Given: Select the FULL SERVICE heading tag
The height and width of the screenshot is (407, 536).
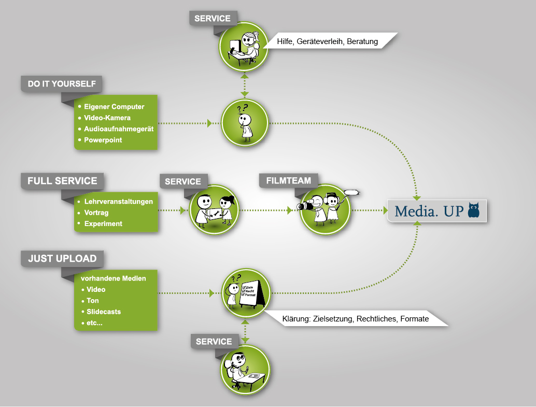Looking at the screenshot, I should click(62, 181).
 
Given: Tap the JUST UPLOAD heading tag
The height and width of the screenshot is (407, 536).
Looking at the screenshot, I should click(62, 258).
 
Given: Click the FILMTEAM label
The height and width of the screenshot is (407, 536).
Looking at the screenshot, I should click(288, 180).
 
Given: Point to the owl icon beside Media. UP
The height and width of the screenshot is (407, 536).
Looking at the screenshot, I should click(473, 210).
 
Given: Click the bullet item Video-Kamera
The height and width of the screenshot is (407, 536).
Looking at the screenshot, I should click(107, 118).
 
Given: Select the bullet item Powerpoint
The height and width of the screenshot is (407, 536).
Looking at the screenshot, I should click(103, 140).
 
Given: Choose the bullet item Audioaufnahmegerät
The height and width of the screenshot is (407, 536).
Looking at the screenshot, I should click(118, 129).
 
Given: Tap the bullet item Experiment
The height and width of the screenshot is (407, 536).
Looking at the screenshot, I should click(103, 223).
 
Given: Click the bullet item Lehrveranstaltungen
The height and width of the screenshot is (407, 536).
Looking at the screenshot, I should click(118, 201).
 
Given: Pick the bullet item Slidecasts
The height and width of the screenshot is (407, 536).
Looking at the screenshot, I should click(104, 312).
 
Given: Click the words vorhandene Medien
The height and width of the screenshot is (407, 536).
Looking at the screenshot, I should click(113, 278).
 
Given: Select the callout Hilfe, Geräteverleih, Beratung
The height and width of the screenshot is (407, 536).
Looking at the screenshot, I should click(327, 41).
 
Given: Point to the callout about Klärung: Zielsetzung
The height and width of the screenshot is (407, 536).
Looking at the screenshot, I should click(355, 319).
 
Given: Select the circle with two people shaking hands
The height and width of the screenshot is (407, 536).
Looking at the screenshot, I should click(213, 210).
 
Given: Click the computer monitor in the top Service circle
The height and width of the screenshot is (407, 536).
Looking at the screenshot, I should click(235, 46).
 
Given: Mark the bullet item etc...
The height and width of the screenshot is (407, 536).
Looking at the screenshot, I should click(94, 323).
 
